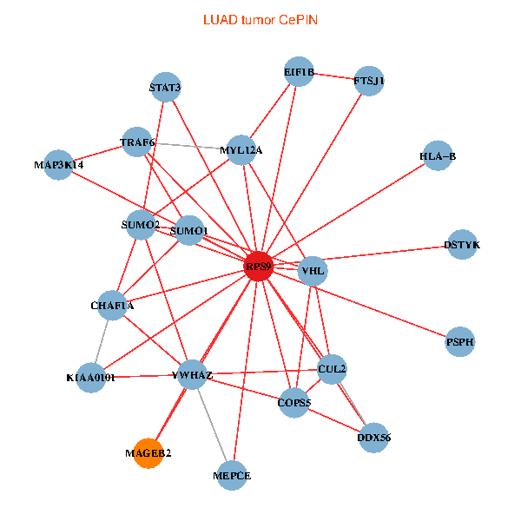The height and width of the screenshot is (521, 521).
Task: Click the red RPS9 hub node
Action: (259, 266)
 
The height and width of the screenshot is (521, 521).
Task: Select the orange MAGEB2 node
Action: (148, 453)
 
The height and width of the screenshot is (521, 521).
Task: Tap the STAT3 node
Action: (165, 87)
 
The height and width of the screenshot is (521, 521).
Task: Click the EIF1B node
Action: (299, 72)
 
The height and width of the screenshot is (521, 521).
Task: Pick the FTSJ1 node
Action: (369, 82)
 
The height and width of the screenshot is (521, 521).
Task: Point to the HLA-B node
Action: (437, 156)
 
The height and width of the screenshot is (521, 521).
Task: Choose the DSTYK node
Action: (461, 245)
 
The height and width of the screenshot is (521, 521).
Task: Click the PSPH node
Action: (460, 342)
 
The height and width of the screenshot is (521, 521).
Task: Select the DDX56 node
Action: (373, 438)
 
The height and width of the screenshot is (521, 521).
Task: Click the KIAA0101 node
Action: (90, 378)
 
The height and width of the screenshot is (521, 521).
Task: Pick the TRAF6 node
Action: (137, 142)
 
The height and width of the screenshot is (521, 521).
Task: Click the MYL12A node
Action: (241, 150)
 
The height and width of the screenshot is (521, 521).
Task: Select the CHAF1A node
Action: (112, 305)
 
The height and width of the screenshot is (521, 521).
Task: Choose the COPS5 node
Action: (293, 402)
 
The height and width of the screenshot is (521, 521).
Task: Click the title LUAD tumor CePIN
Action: (260, 19)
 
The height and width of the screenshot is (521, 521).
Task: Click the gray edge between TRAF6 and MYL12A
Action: (188, 146)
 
